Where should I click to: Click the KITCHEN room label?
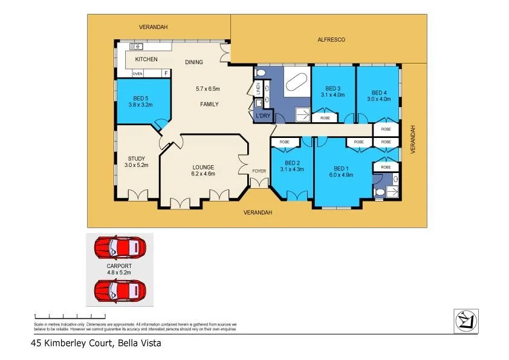click(146, 59)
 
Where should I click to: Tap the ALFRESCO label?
click(331, 39)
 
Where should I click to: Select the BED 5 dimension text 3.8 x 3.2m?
click(140, 105)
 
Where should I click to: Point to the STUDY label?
click(136, 159)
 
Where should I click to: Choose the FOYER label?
click(259, 171)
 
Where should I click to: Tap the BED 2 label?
click(293, 163)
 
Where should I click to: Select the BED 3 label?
click(333, 88)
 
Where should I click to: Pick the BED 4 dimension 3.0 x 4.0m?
click(378, 95)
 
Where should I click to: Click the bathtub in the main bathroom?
click(296, 82)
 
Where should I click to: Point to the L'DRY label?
click(263, 116)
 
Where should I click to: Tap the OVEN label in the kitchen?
click(138, 74)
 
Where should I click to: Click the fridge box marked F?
click(166, 74)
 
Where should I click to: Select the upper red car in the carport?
click(120, 247)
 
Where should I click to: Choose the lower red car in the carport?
click(120, 290)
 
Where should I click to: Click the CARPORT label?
click(119, 266)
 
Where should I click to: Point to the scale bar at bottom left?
click(62, 316)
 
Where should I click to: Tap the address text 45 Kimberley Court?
click(72, 343)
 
